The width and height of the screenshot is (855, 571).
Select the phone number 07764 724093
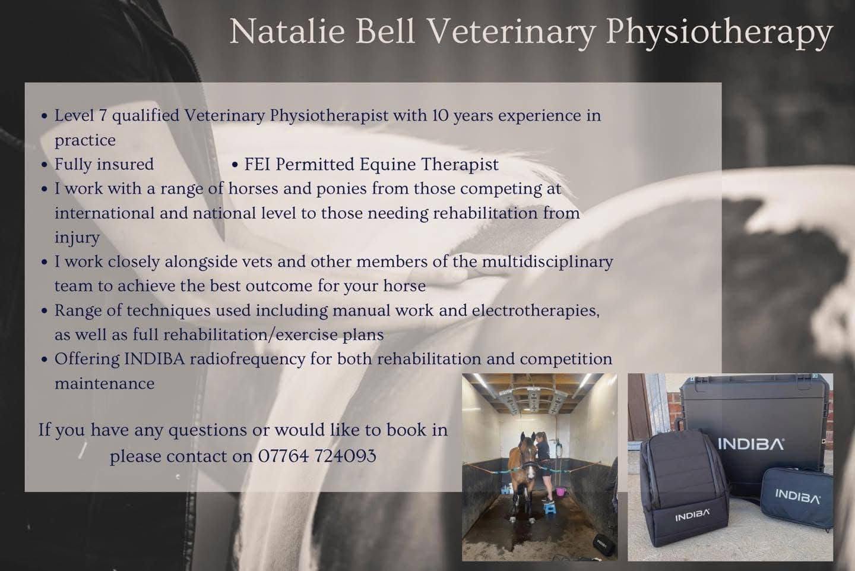[317, 456]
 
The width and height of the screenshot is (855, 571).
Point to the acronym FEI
[257, 164]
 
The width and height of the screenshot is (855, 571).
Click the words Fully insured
[104, 165]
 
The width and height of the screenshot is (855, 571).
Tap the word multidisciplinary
[547, 263]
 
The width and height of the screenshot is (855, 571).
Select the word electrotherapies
[536, 311]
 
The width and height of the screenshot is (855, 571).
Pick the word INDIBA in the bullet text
[154, 359]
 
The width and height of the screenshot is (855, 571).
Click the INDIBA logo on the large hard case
[750, 444]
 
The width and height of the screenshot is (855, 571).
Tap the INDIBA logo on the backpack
[692, 516]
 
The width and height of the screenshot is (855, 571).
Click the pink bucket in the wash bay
[560, 491]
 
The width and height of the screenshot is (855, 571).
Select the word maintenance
[104, 383]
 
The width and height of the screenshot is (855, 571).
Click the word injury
[77, 238]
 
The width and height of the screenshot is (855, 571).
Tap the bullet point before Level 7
[45, 116]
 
